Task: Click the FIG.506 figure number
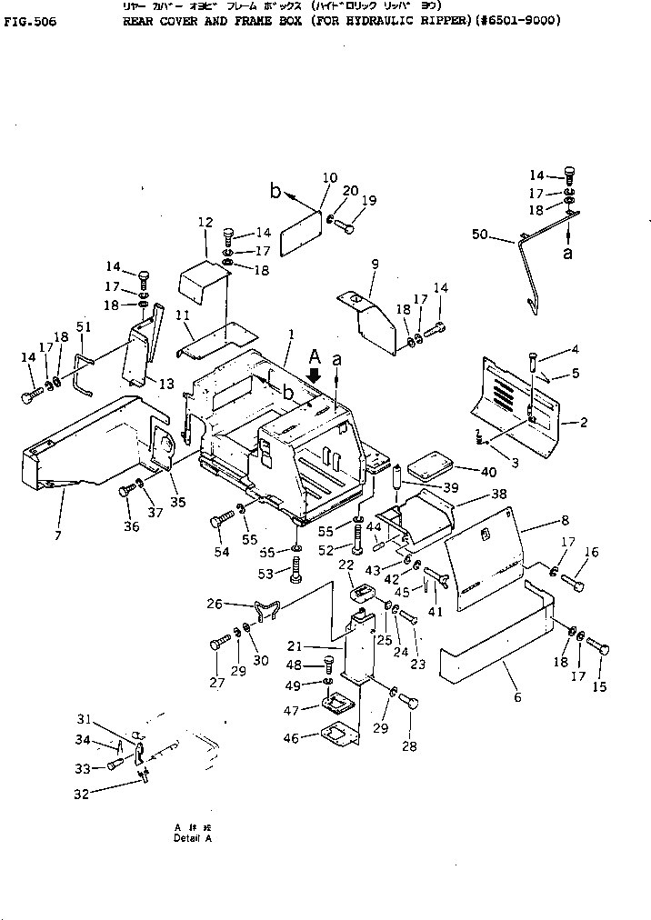(x=30, y=22)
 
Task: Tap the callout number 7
(x=58, y=536)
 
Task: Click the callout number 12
(x=205, y=222)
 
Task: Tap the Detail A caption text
(x=192, y=837)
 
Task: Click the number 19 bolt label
(x=369, y=201)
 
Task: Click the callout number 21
(x=319, y=645)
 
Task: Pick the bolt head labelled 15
(x=599, y=649)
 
